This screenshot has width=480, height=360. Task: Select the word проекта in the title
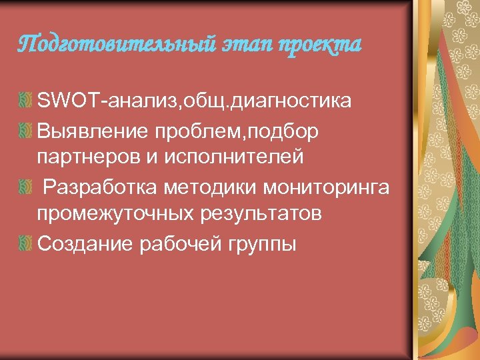[319, 45]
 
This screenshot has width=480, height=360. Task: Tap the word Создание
[86, 244]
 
